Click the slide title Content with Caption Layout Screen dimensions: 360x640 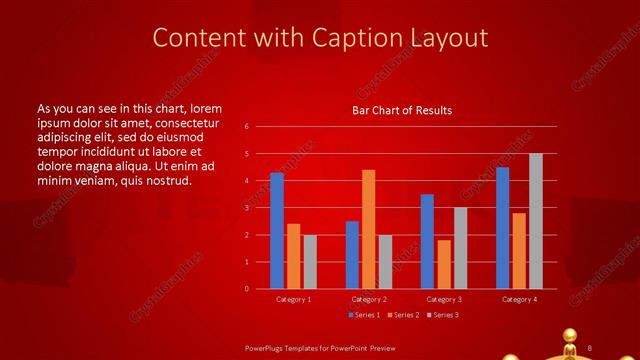[320, 38]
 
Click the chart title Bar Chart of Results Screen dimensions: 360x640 [401, 110]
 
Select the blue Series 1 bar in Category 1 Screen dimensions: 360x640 [277, 231]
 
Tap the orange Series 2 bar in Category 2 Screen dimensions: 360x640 [369, 229]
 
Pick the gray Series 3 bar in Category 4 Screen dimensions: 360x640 [536, 221]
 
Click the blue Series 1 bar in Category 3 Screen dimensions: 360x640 [427, 241]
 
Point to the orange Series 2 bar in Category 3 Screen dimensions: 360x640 [444, 264]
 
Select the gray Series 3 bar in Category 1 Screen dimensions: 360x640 [310, 262]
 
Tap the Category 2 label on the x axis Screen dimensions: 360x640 [369, 299]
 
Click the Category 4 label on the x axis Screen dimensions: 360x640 [519, 299]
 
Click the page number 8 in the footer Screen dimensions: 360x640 [590, 347]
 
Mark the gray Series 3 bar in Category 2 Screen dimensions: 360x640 [386, 262]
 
